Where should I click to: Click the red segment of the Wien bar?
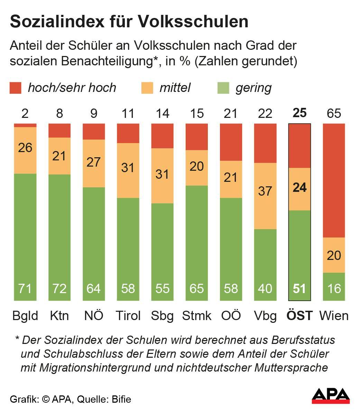pos(334,180)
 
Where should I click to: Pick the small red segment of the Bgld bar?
pos(25,125)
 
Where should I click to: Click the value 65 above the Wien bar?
pos(334,113)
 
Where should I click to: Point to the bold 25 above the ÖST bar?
pos(299,113)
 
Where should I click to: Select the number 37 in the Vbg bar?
pos(265,191)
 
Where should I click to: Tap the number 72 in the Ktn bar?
pos(59,288)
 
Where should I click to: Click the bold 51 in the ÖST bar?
pos(299,288)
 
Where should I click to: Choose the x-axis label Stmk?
pos(197,316)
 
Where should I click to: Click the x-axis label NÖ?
pos(94,316)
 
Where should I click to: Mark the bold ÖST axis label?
pos(299,316)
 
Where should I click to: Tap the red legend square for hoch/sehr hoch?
pos(16,88)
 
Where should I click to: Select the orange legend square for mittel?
pos(147,88)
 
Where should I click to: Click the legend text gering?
pos(253,88)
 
